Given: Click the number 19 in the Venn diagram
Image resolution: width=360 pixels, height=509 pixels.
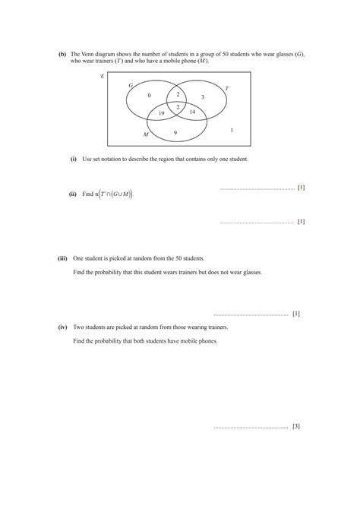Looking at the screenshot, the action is coord(161,113).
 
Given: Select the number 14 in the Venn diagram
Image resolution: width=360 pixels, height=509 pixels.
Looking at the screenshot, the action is coord(192,112).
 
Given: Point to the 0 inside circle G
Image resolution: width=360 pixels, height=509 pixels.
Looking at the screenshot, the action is coord(149,95).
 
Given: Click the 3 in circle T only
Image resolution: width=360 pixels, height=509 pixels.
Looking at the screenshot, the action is coord(202,96).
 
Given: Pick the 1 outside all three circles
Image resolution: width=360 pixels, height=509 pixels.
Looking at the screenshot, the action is coord(231,130).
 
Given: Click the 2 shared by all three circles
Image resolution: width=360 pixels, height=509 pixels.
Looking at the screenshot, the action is coord(178,107).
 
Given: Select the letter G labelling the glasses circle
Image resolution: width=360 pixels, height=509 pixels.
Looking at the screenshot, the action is coord(131,85).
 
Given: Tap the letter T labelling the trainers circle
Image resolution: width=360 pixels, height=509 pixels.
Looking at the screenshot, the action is coord(226,88).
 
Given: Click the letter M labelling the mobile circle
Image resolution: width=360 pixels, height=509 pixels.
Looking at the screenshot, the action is coord(146,134).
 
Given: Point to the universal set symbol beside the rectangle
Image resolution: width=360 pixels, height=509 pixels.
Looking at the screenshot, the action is coord(102,76).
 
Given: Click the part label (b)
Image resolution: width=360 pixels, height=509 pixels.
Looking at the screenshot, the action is coord(62,54).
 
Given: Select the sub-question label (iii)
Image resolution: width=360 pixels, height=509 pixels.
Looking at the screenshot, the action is coord(62,258).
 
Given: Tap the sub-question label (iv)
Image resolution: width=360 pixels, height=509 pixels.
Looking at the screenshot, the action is coord(62,327).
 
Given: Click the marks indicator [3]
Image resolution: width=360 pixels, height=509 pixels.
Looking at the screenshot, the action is coord(295,426).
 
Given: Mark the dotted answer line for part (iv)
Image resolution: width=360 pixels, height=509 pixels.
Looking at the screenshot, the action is coord(251,427).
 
